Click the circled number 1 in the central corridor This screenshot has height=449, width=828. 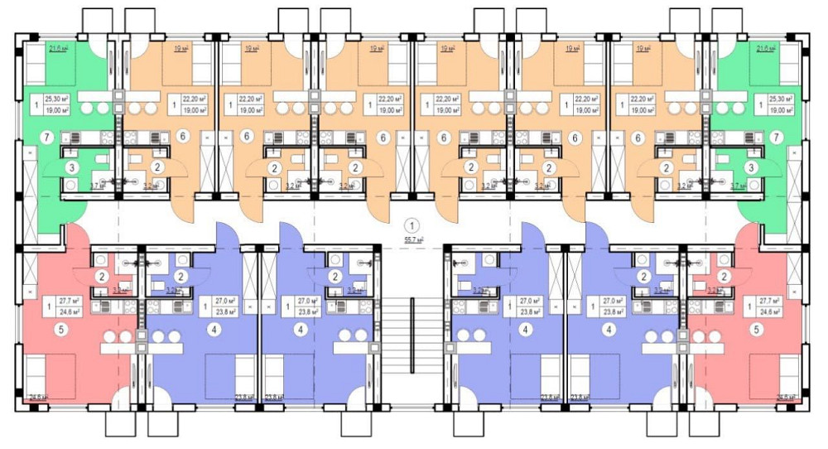412,224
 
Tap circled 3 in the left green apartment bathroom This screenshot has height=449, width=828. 74,168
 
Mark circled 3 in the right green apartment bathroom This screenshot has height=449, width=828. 749,168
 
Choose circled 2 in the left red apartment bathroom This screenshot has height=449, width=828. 101,276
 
